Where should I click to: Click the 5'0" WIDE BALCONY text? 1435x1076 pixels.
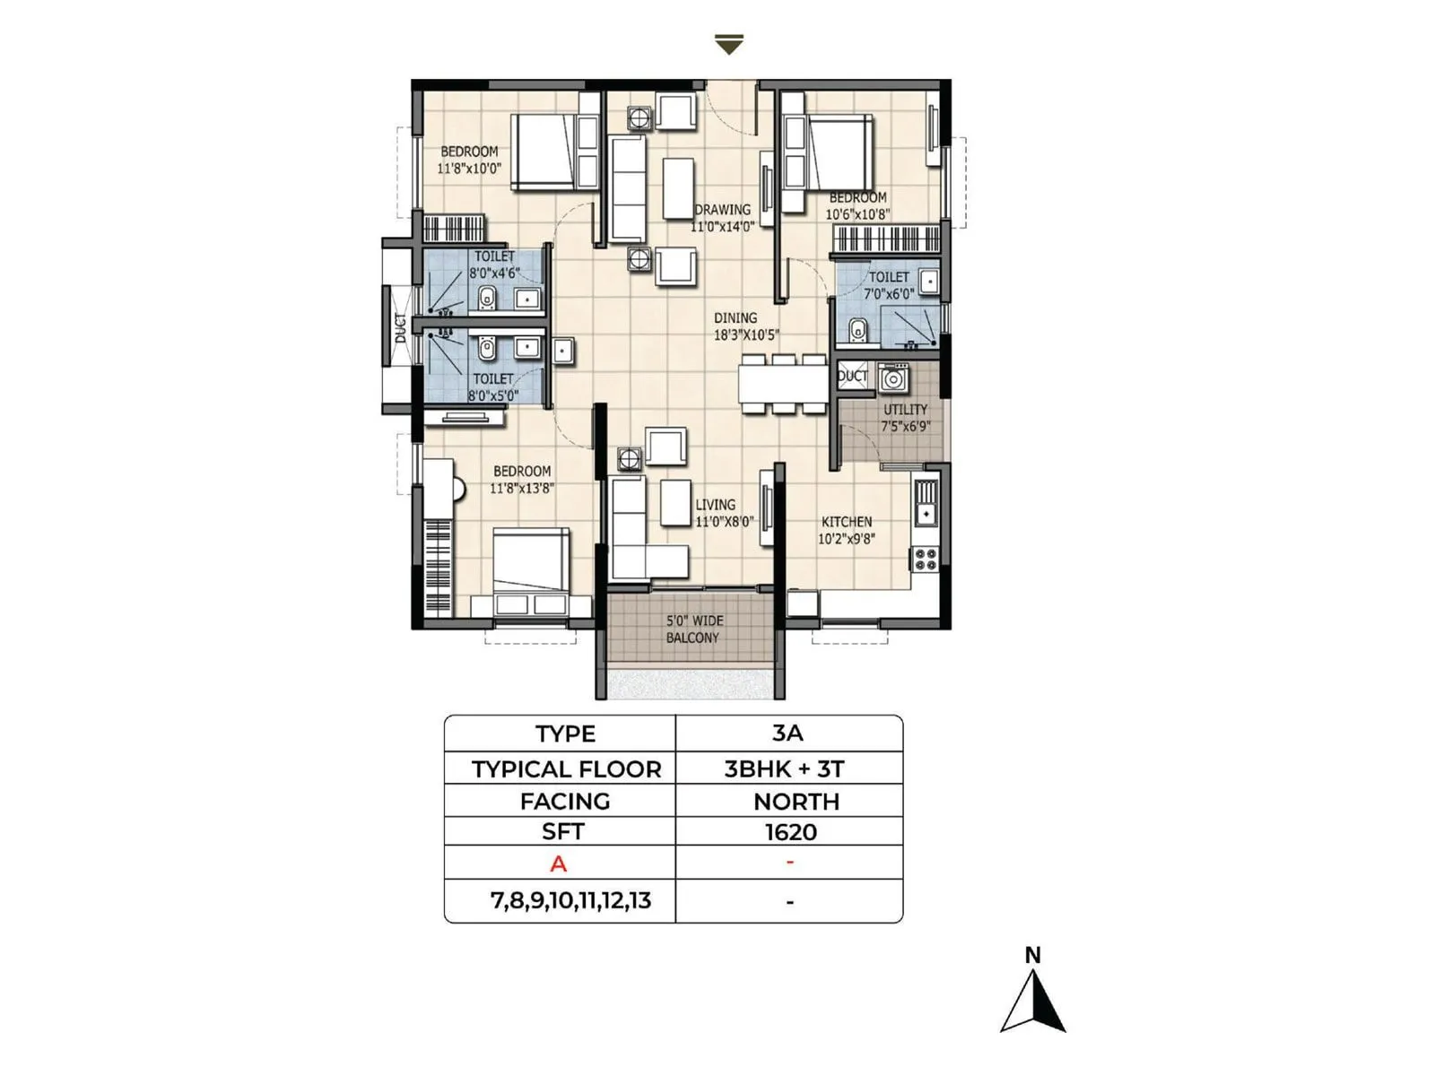pos(692,629)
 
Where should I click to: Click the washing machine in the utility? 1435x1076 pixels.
pos(893,378)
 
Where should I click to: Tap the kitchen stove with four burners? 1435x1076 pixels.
pos(925,559)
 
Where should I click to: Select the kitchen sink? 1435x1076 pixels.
pos(926,507)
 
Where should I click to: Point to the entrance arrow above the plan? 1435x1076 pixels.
pos(729,44)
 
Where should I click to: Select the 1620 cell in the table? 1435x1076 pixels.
pos(790,832)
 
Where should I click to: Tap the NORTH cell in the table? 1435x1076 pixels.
pos(796,802)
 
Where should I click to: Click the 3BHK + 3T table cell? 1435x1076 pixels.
pos(784,768)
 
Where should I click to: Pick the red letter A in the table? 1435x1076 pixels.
pos(559,864)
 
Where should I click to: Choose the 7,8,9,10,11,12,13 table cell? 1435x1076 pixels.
pos(570,900)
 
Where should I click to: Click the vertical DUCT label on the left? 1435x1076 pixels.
pos(400,327)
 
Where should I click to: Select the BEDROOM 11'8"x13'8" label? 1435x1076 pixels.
pos(522,480)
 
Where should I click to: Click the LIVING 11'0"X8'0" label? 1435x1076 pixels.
pos(723,513)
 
